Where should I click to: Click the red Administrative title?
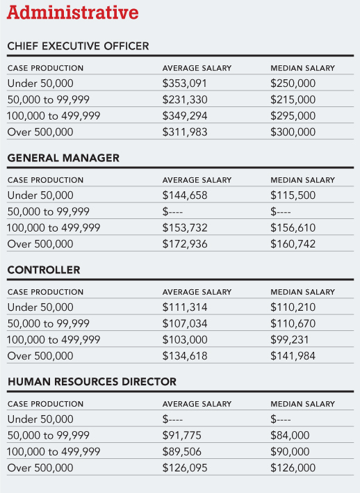72,13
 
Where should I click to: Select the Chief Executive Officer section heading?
78,46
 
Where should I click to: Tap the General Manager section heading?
63,158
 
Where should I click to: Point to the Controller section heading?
44,270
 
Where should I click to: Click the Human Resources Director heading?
92,382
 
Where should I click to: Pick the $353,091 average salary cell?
185,83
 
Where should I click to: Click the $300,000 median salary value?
293,131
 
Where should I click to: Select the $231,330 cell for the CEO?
185,99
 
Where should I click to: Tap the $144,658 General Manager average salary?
185,195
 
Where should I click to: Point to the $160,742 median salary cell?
293,243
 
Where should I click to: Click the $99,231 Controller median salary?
289,339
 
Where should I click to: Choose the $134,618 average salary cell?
185,356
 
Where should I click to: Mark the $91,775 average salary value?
181,435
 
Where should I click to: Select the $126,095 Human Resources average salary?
185,467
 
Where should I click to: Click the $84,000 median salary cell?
290,435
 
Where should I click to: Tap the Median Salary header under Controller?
302,292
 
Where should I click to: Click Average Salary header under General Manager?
197,180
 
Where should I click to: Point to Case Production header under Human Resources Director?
46,404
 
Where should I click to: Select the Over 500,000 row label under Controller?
40,356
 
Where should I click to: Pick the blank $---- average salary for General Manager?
172,211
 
